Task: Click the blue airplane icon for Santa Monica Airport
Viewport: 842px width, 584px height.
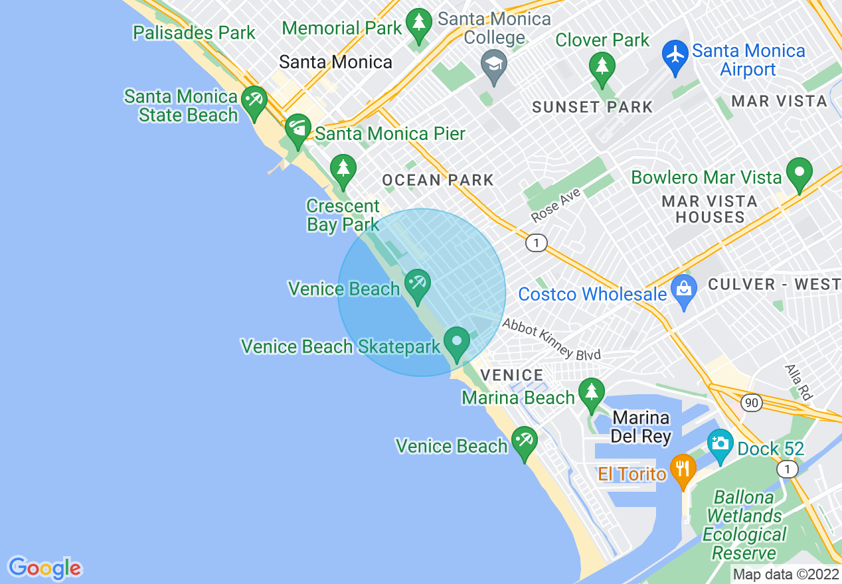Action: [675, 52]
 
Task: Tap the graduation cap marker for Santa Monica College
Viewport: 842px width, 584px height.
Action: [493, 65]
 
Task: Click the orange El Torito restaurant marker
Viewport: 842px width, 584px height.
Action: [682, 469]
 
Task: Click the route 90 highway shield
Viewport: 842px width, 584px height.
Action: [751, 403]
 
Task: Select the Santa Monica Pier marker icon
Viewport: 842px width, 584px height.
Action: [298, 127]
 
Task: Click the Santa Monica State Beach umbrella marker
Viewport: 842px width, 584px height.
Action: [254, 101]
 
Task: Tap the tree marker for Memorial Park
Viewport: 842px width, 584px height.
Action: [418, 25]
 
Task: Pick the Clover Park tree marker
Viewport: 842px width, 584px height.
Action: [602, 68]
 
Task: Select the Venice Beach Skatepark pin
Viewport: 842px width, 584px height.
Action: [457, 342]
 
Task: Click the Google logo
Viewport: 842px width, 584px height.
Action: [44, 567]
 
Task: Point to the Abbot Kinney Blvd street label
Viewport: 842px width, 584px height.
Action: [551, 340]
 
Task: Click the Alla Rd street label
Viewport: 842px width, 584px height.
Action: [798, 382]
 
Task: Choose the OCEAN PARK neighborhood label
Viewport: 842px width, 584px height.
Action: [438, 180]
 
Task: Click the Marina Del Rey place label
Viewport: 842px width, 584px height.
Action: [641, 427]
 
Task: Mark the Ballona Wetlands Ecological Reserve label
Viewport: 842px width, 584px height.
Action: [744, 525]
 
